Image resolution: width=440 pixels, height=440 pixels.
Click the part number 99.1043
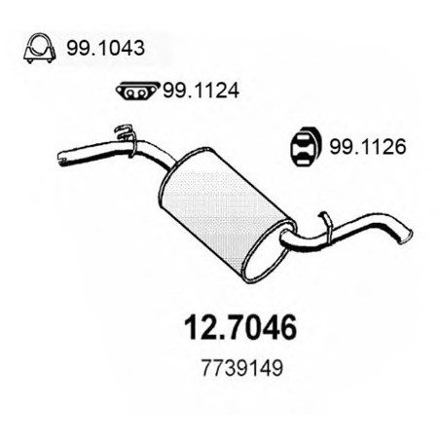[x=105, y=49]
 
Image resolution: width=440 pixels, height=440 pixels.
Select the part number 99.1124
[x=201, y=91]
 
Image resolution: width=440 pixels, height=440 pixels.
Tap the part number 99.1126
[x=368, y=146]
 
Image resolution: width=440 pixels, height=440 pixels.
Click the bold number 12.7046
[x=240, y=327]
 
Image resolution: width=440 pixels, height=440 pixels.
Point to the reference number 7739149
[x=242, y=368]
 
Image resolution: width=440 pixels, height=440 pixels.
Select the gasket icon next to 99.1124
[x=137, y=91]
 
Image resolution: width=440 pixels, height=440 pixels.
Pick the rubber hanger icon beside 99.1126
[x=306, y=147]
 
